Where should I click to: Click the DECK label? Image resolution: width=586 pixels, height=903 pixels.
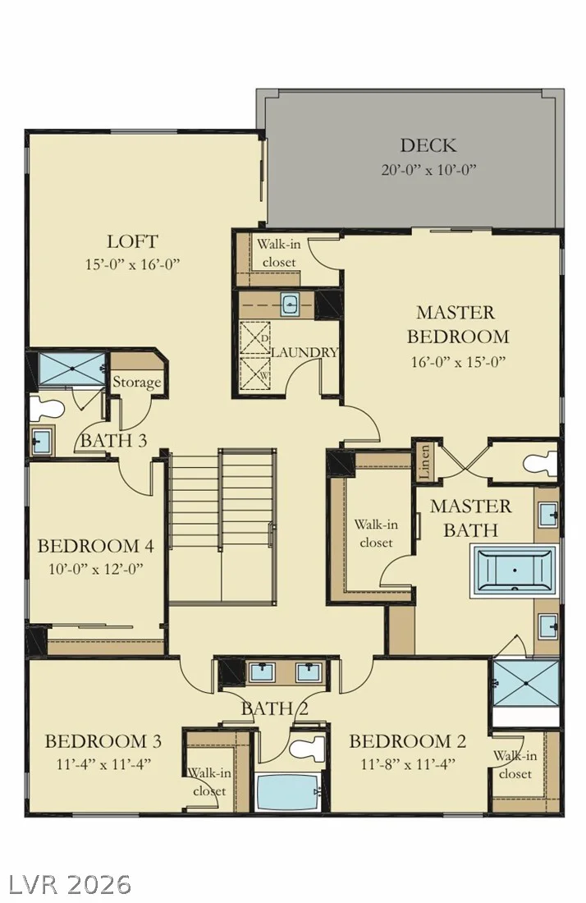pos(428,145)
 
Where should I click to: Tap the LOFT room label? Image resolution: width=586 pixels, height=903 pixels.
pos(132,241)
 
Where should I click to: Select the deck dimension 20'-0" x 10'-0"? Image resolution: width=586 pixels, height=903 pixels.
pos(429,169)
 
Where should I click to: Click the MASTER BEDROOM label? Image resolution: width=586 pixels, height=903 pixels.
pos(458,324)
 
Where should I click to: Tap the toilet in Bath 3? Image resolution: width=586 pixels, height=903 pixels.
pos(46,408)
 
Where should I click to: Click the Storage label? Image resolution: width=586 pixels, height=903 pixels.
pos(136,383)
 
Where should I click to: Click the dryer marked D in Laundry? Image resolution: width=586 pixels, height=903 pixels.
pos(255,337)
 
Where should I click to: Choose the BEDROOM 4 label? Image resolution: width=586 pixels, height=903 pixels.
pos(96,545)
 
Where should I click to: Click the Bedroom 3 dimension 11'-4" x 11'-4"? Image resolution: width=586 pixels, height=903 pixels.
pos(103,764)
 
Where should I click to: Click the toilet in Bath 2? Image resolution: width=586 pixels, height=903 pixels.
pos(304,749)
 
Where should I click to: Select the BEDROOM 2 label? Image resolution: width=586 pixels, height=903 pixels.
pos(408,741)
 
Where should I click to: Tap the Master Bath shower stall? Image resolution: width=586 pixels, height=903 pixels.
pos(527,684)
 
